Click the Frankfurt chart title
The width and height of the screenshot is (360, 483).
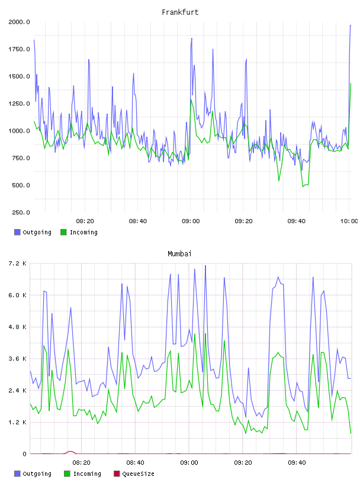click(x=180, y=12)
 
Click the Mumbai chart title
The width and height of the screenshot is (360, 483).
click(x=179, y=254)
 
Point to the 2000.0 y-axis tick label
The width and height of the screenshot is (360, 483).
click(x=19, y=22)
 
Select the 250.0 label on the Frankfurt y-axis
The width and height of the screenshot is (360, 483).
click(x=21, y=212)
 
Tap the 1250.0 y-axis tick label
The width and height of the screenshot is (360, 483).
click(x=19, y=104)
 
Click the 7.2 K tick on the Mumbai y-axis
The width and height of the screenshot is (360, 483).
click(x=18, y=263)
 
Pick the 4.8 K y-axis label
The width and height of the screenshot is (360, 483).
click(x=18, y=327)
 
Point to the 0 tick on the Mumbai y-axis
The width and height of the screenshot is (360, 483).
click(x=24, y=454)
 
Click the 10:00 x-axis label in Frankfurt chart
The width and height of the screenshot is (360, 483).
click(x=349, y=221)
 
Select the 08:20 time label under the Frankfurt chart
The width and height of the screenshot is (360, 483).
click(x=85, y=221)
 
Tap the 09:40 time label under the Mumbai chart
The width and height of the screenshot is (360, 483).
click(x=297, y=463)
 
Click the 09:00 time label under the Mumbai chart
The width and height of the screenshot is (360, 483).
click(x=189, y=463)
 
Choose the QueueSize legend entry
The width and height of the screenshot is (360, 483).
click(x=134, y=474)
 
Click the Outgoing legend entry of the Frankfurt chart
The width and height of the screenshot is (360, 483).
click(x=33, y=232)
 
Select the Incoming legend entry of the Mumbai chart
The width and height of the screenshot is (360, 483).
click(x=83, y=474)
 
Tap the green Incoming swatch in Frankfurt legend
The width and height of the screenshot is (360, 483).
click(x=63, y=232)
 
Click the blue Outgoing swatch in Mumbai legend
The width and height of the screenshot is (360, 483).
click(x=17, y=474)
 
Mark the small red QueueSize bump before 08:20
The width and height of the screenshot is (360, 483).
click(x=70, y=452)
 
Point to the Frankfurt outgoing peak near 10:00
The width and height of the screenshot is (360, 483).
click(x=351, y=25)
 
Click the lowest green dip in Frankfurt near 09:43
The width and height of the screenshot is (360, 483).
click(x=303, y=186)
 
